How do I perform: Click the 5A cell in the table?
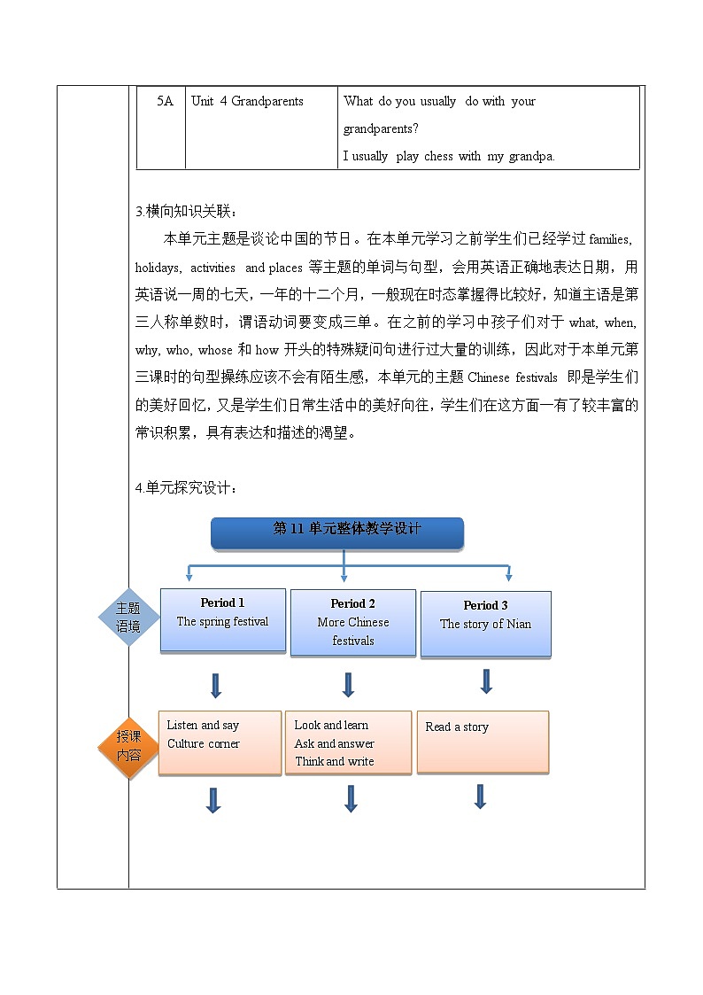[165, 101]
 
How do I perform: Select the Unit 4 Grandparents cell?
[247, 101]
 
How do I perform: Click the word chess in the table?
[438, 156]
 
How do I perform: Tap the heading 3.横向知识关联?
[187, 211]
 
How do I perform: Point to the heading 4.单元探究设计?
[187, 487]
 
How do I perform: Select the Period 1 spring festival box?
[222, 620]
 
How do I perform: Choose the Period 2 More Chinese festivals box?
[352, 622]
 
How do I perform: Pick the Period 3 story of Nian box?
[485, 624]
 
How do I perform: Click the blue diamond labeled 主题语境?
[128, 617]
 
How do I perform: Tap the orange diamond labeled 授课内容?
[128, 746]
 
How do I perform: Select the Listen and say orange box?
[220, 742]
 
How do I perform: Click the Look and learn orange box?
[348, 742]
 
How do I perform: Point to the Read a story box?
[483, 742]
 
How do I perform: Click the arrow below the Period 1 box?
[215, 685]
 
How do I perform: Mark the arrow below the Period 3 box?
[486, 681]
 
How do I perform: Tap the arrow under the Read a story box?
[480, 796]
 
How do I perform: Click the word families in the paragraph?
[607, 239]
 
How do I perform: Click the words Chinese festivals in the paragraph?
[513, 377]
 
